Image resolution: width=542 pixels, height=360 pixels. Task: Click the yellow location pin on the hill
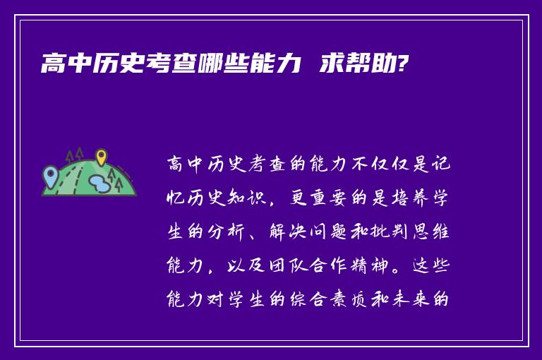click(x=101, y=157)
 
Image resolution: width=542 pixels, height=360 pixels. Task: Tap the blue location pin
click(x=49, y=173)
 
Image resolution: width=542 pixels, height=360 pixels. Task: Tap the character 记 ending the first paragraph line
click(x=440, y=164)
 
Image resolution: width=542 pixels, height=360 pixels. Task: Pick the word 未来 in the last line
click(x=409, y=300)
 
